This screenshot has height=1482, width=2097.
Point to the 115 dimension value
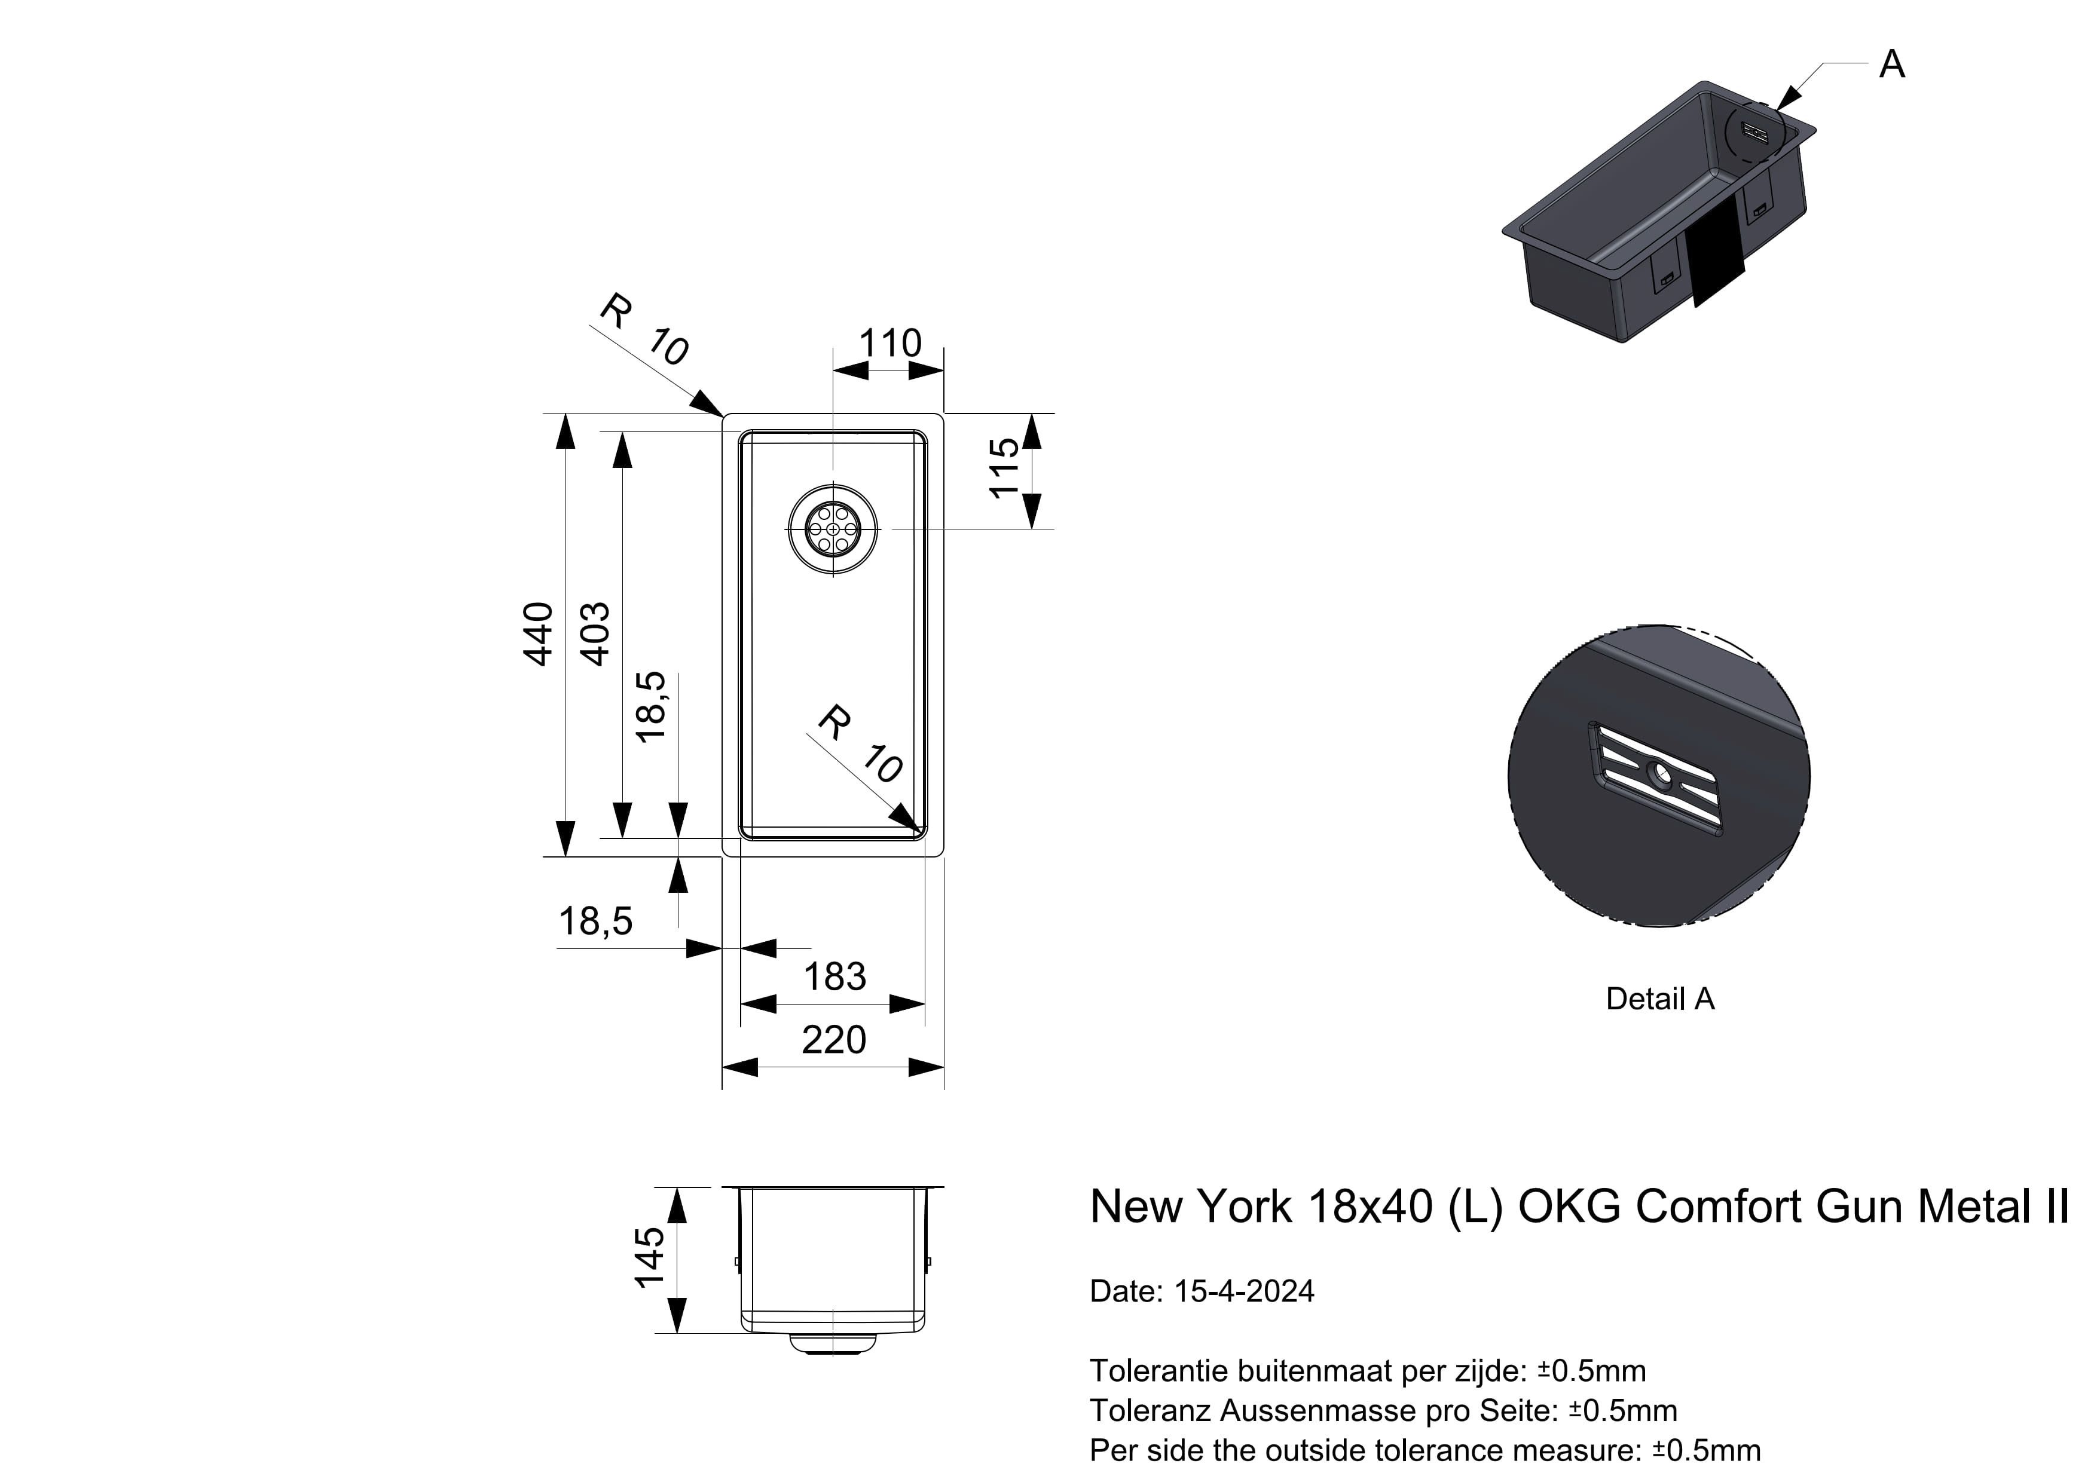(x=1004, y=469)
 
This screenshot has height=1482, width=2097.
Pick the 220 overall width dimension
(x=834, y=1040)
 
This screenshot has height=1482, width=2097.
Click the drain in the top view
(x=833, y=529)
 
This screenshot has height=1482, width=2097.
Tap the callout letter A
(x=1891, y=65)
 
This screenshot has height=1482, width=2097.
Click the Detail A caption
(x=1659, y=999)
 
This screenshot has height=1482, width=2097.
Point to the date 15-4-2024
(x=1244, y=1291)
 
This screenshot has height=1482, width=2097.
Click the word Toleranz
(x=1151, y=1411)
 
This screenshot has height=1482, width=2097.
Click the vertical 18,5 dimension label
(x=651, y=708)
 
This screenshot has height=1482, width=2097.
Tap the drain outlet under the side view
(x=833, y=1343)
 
